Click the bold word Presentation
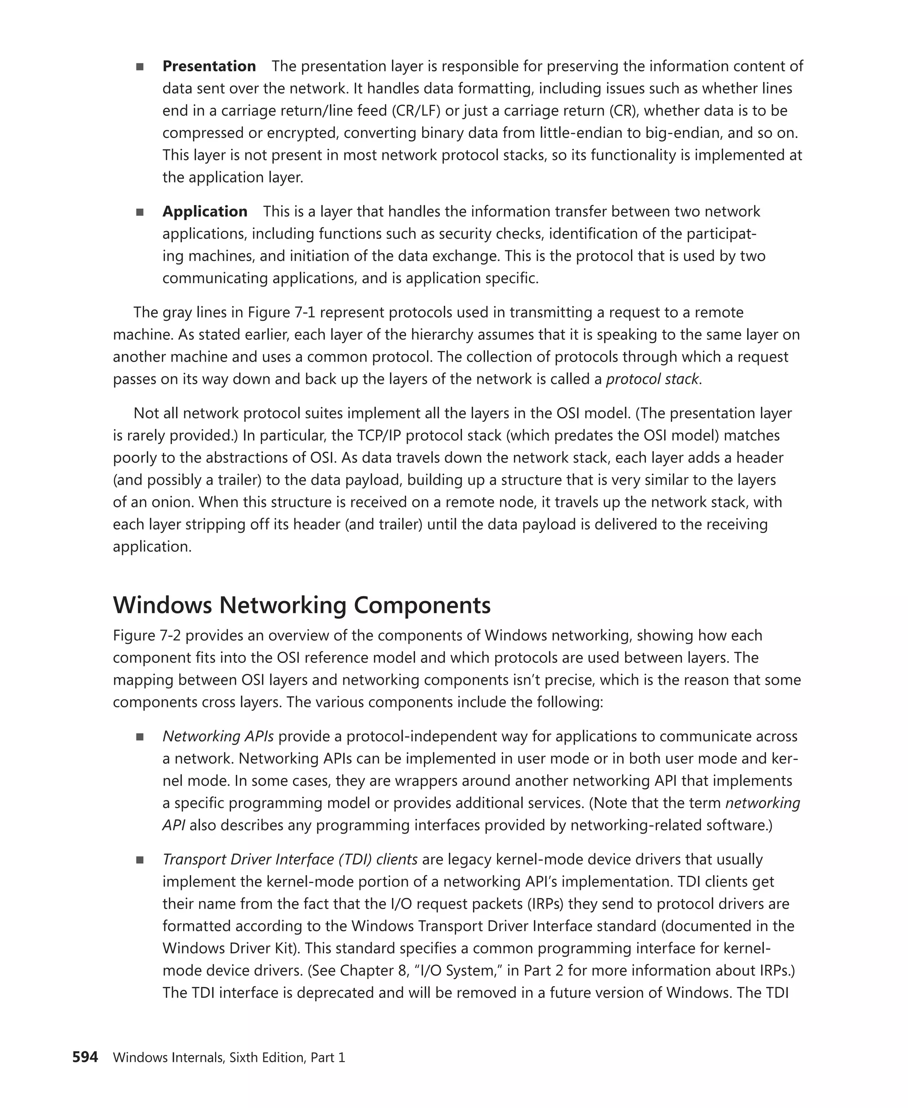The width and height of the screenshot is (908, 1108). tap(209, 66)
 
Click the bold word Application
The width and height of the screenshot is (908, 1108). tap(204, 211)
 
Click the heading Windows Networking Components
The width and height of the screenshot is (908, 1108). tap(302, 605)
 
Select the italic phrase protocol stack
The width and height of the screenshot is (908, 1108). tap(652, 379)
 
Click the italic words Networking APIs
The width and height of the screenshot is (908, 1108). tap(218, 736)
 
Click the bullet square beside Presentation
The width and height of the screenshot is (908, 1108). tap(140, 67)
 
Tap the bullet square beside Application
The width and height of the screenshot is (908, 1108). tap(140, 212)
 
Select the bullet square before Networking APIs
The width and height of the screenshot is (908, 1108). tap(140, 737)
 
